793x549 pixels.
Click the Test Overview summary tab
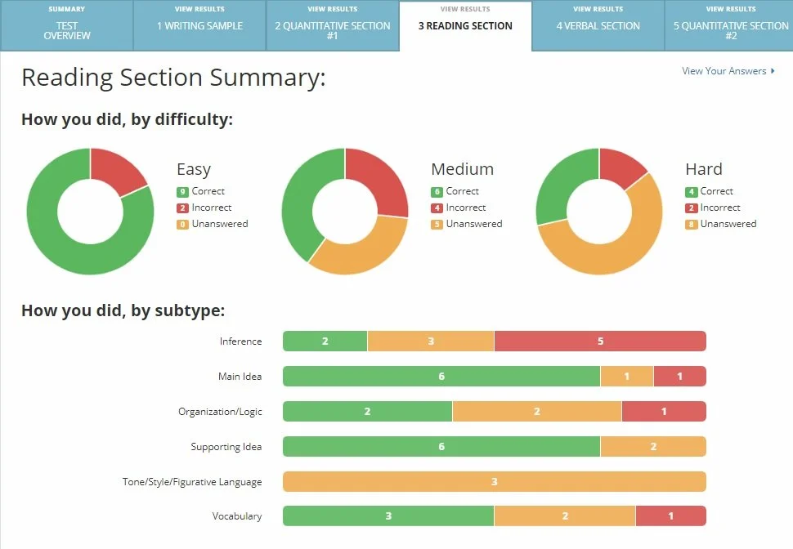pyautogui.click(x=66, y=26)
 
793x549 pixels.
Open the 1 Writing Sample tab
pyautogui.click(x=199, y=26)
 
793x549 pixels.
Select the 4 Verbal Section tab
pyautogui.click(x=598, y=26)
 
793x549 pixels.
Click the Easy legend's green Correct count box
pyautogui.click(x=182, y=192)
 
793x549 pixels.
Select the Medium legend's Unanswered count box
pyautogui.click(x=437, y=225)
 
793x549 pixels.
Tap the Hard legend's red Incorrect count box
pyautogui.click(x=691, y=208)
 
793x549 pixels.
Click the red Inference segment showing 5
pyautogui.click(x=600, y=341)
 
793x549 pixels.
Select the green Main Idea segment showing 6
pyautogui.click(x=441, y=377)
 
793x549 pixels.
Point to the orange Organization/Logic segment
pyautogui.click(x=536, y=412)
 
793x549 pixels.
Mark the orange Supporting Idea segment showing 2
pyautogui.click(x=652, y=447)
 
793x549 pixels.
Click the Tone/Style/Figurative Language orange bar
pyautogui.click(x=494, y=482)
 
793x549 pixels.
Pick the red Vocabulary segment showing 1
pyautogui.click(x=670, y=516)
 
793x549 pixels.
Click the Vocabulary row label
pyautogui.click(x=236, y=516)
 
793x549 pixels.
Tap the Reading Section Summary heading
pyautogui.click(x=173, y=78)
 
